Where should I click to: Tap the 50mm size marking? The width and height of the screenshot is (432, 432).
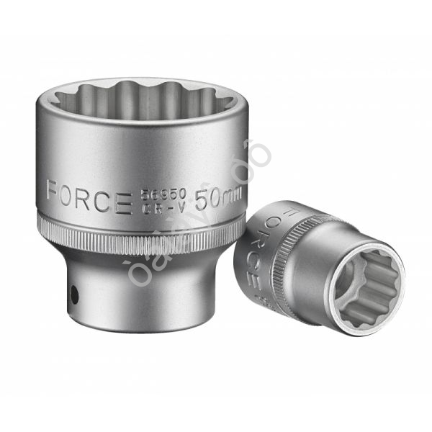click(217, 197)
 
